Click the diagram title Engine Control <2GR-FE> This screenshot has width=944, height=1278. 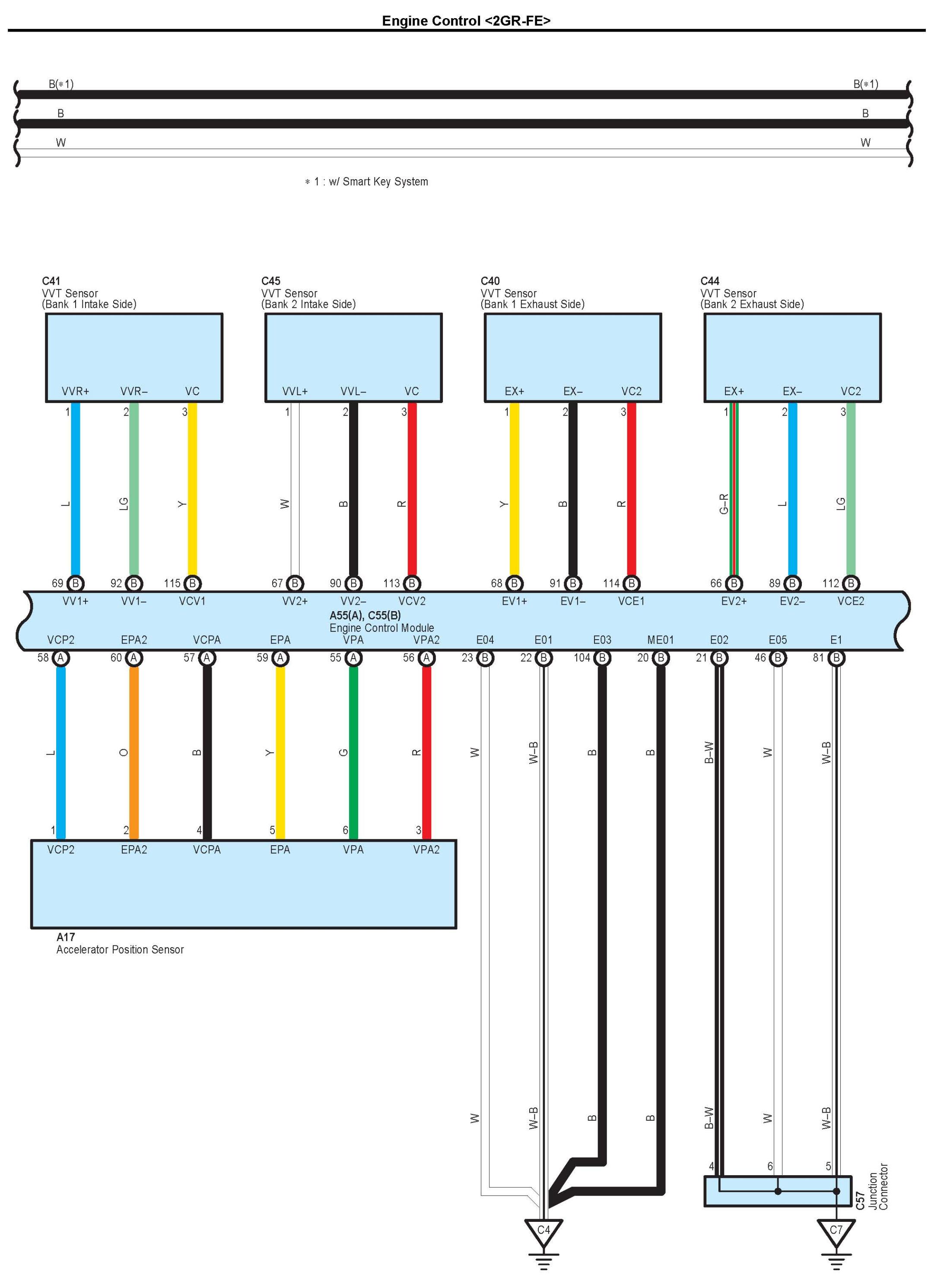point(466,21)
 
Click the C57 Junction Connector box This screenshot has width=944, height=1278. point(778,1191)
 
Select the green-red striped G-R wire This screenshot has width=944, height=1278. point(734,492)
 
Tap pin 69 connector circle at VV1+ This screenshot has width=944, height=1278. point(76,584)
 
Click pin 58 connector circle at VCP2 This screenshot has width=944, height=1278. point(60,658)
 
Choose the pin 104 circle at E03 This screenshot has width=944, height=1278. point(602,658)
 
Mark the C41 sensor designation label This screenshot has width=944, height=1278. point(51,281)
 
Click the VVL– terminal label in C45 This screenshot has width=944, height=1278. point(353,391)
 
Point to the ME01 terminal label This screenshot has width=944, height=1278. point(661,640)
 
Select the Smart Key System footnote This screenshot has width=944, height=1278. point(366,182)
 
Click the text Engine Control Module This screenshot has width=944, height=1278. point(382,628)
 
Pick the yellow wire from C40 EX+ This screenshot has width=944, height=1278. point(514,492)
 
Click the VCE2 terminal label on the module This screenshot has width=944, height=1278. point(851,601)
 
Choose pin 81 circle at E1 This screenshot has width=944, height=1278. point(836,658)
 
